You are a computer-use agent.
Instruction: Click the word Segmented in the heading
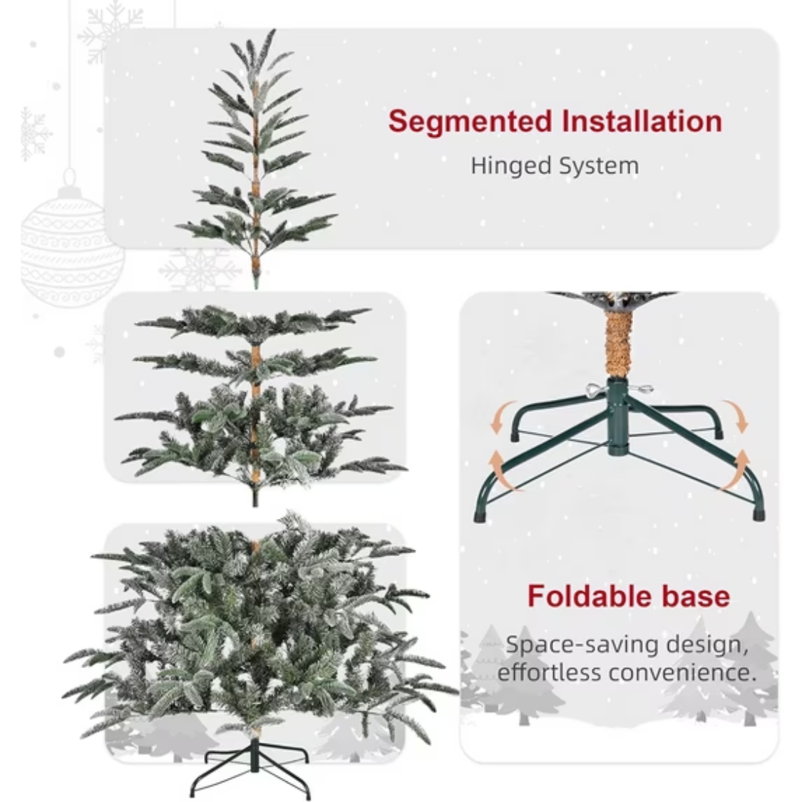tap(470, 123)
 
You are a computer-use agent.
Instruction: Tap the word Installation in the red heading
tap(642, 121)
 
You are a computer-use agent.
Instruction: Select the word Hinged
tap(510, 166)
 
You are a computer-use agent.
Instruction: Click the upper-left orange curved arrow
tap(500, 416)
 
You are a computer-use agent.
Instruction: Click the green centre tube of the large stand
tap(619, 416)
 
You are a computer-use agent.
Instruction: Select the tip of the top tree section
tap(272, 31)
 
